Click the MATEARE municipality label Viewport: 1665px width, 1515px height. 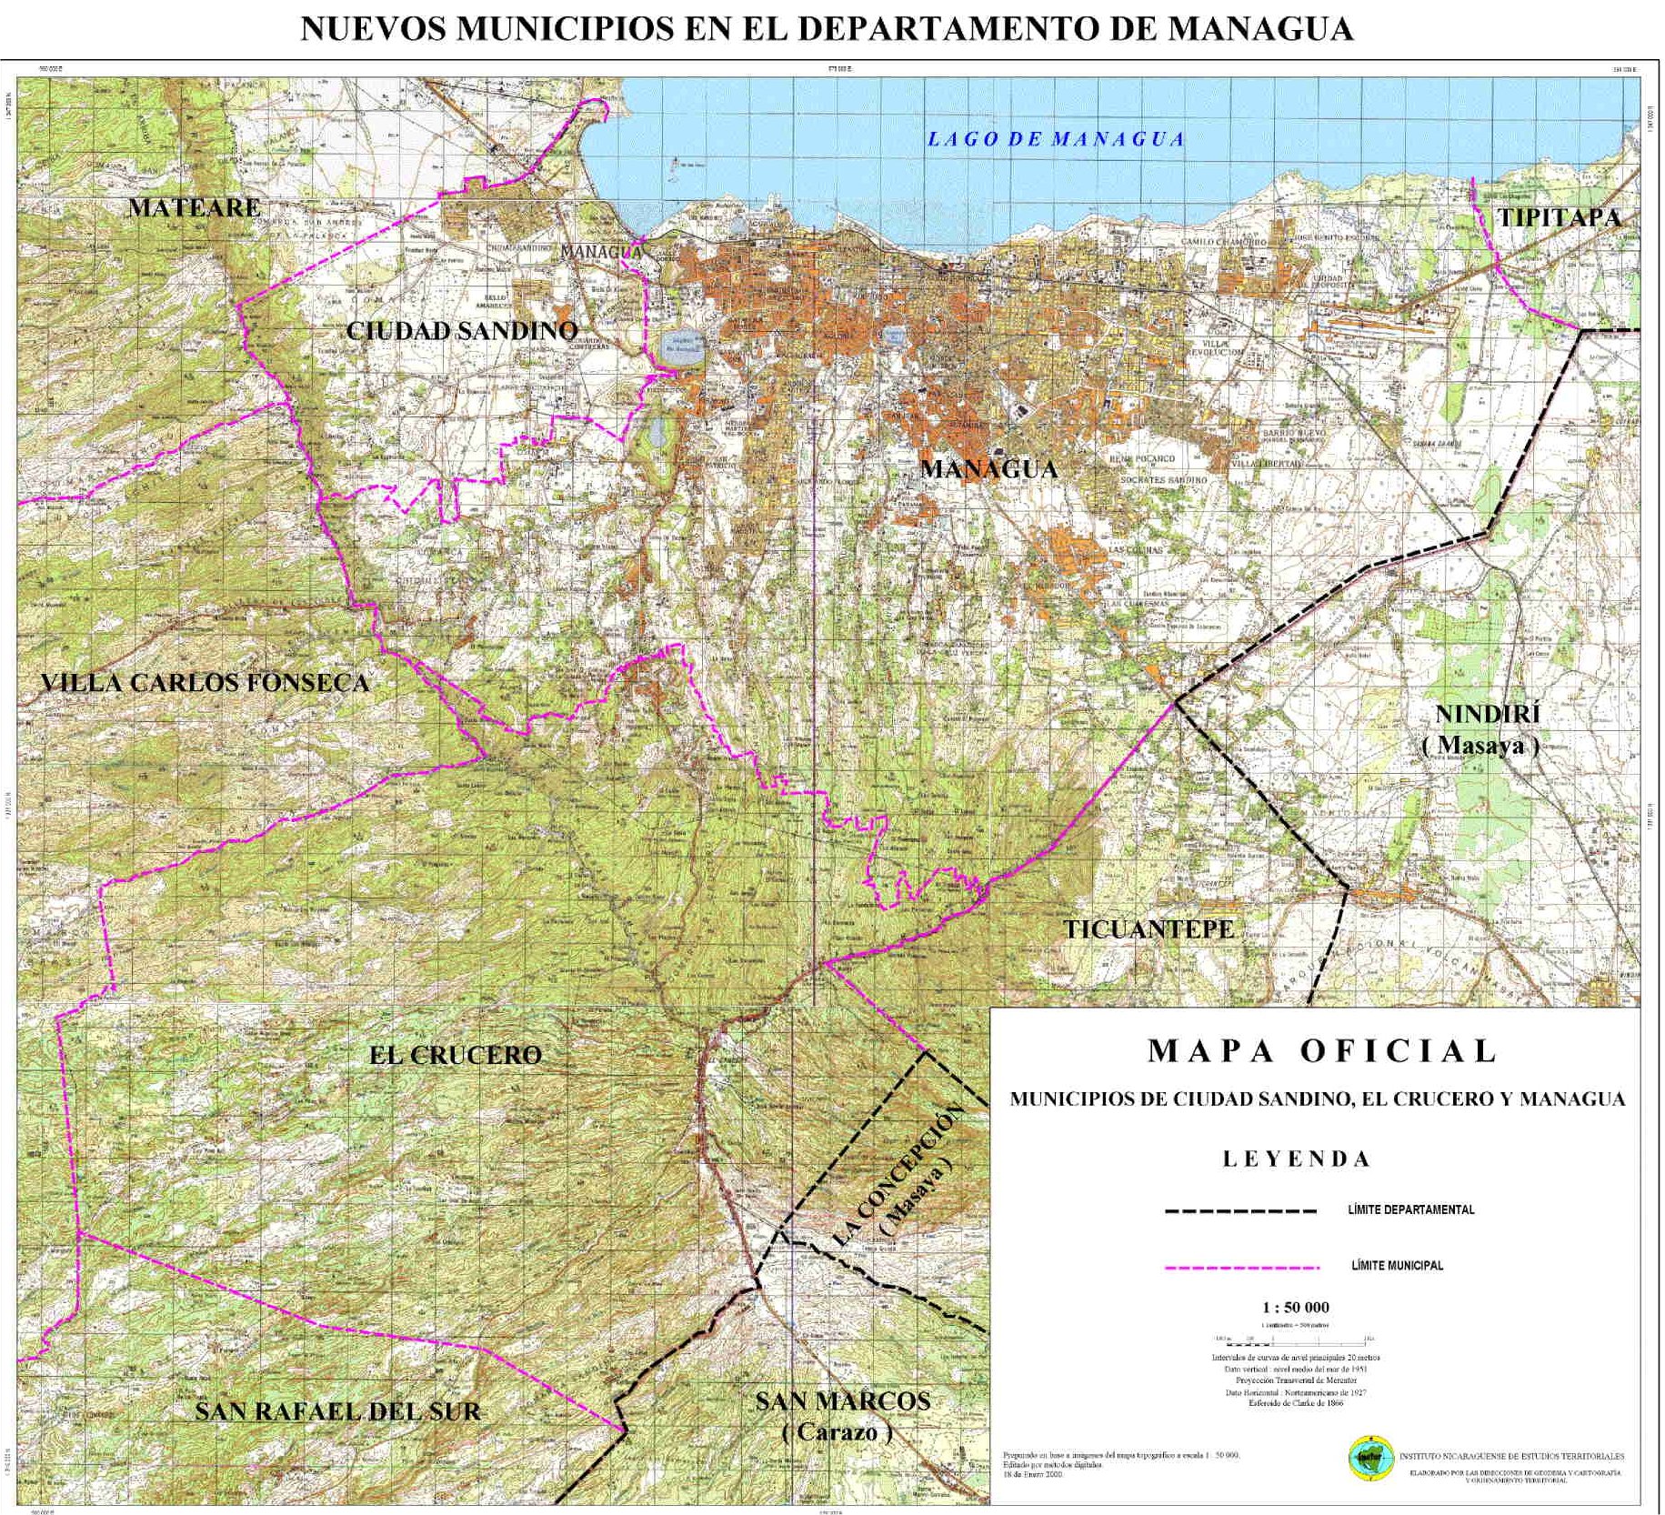click(195, 207)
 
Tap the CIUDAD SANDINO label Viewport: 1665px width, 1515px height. click(462, 331)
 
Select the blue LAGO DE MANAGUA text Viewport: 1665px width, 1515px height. click(1055, 139)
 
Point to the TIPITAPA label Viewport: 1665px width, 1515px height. click(1559, 218)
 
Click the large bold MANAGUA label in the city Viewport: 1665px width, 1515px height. click(989, 469)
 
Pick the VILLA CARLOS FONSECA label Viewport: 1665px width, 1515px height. click(206, 683)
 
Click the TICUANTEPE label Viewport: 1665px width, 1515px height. click(1149, 929)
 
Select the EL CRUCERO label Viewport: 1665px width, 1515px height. click(455, 1056)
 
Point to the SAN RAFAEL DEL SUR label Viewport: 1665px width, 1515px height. click(337, 1411)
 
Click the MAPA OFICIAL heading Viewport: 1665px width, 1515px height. click(1321, 1051)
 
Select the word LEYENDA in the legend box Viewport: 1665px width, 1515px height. click(1296, 1159)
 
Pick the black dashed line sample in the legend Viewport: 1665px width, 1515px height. click(1240, 1211)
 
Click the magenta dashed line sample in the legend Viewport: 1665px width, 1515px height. click(1240, 1267)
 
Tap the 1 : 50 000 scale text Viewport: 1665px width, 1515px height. click(1296, 1308)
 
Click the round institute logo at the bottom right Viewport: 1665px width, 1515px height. click(1369, 1458)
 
